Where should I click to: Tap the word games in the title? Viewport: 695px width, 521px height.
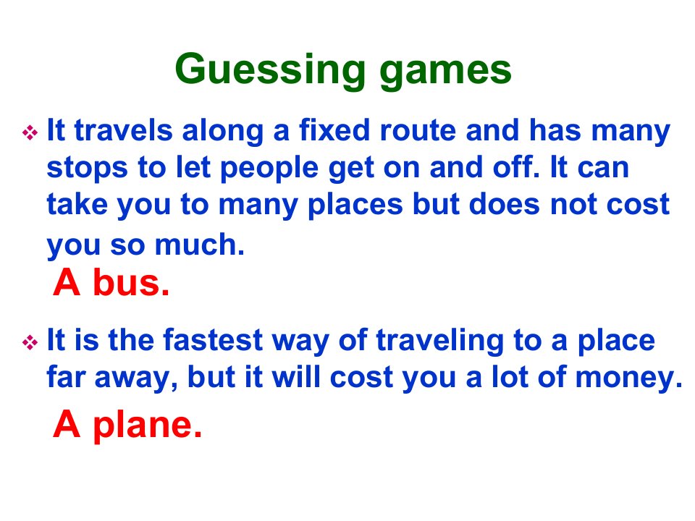[445, 71]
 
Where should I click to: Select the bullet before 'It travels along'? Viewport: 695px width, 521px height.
[30, 132]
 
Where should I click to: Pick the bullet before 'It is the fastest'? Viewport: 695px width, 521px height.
[30, 342]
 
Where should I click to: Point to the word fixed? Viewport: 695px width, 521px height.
[334, 130]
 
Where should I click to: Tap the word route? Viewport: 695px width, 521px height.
[418, 131]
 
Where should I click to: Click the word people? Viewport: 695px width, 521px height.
[269, 169]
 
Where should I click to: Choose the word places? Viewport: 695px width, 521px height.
[355, 206]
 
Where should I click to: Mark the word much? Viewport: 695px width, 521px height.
[200, 245]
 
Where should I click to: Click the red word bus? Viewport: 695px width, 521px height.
[131, 283]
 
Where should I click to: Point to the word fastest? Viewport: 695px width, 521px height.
[213, 340]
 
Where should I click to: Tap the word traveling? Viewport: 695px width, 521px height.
[439, 342]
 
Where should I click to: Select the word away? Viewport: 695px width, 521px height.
[136, 379]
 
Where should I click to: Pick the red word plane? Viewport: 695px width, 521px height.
[147, 425]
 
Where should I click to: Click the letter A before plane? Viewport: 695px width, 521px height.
[67, 424]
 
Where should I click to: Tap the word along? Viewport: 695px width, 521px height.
[222, 132]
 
